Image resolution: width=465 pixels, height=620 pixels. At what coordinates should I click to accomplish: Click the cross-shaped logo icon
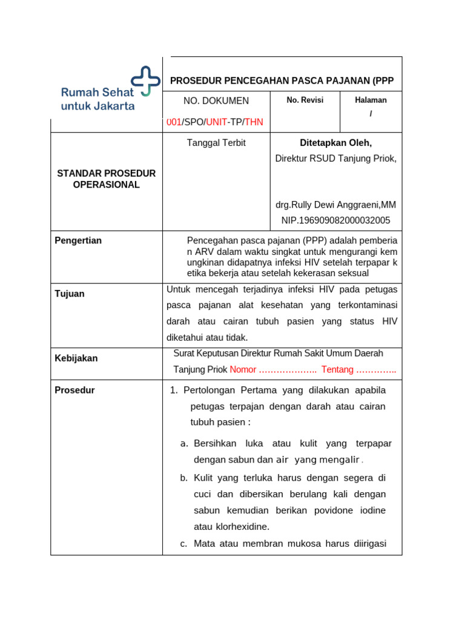146,81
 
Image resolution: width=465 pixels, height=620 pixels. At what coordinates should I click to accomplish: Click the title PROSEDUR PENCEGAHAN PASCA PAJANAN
282,81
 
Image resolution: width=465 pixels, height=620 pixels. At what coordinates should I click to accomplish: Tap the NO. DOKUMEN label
216,101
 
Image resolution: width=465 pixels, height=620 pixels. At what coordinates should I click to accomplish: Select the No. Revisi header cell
305,100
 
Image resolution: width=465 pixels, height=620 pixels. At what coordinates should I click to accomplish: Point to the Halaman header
371,100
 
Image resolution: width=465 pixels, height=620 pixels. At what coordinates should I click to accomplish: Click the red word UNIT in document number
217,122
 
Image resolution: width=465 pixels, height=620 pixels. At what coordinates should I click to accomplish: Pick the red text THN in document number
254,122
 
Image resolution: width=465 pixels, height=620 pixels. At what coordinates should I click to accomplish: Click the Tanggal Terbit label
216,143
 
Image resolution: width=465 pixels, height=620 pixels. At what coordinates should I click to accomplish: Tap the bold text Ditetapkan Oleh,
335,143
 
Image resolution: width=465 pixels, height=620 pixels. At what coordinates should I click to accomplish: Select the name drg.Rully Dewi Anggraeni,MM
335,205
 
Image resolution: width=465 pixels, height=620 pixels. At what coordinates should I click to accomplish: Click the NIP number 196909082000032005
335,220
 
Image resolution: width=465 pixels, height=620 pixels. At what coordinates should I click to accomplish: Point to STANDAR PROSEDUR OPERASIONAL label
107,179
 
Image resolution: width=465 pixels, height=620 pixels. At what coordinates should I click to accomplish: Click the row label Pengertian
78,240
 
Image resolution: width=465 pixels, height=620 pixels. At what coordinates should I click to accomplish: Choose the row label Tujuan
70,294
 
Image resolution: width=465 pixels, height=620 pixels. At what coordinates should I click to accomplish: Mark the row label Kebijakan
76,358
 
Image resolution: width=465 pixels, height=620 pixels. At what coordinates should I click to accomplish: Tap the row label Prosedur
74,390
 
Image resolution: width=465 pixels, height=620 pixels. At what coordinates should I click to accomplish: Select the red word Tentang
337,369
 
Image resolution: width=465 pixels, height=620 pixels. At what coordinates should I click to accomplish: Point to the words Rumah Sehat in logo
97,92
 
